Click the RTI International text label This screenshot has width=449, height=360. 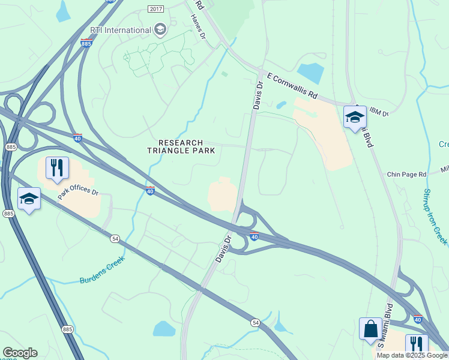pos(120,30)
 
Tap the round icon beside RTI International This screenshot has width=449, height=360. pos(160,29)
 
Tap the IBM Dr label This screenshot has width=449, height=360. pos(379,112)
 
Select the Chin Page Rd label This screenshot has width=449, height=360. pos(406,174)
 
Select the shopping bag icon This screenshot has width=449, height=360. pos(370,329)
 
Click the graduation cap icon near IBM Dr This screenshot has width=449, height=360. pos(355,117)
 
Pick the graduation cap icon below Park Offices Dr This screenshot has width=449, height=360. pos(29,199)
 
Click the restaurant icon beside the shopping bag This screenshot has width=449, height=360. pos(417,345)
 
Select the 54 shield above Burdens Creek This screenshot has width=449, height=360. pos(114,239)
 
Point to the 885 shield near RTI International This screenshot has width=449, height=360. pos(86,43)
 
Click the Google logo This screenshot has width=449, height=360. pos(20,353)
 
